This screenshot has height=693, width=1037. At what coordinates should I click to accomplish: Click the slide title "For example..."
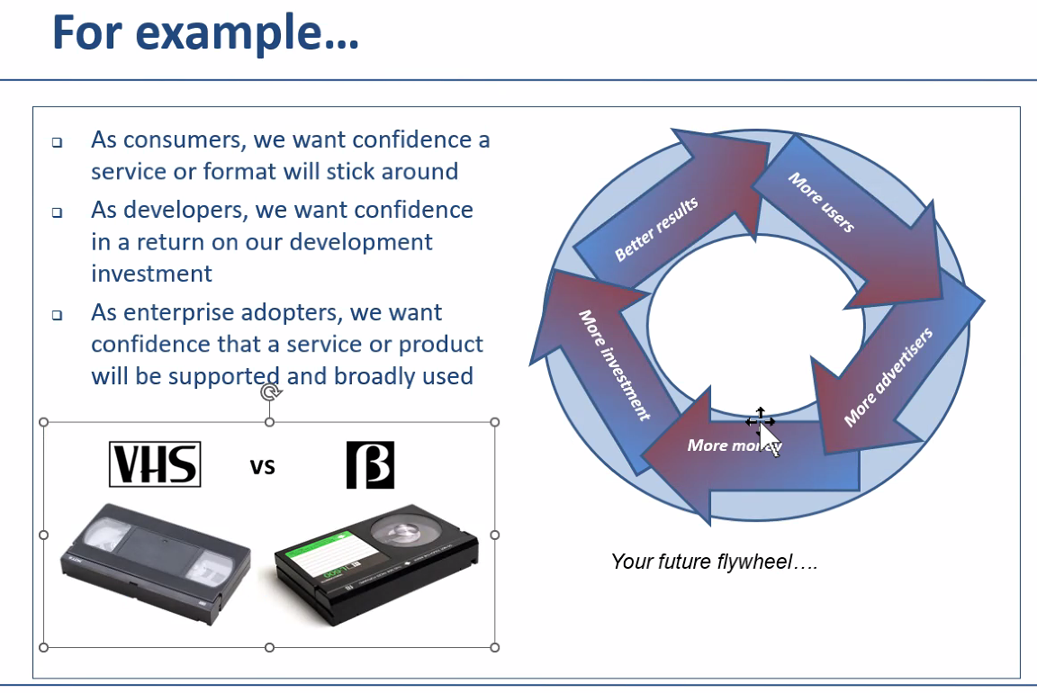(x=205, y=33)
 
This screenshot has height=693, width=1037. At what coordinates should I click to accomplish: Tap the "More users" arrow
(x=822, y=202)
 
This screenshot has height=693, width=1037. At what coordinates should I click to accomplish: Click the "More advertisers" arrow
(x=888, y=378)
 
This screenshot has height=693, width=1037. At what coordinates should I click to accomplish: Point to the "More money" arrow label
(x=734, y=445)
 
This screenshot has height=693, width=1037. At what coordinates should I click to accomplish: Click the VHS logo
(x=155, y=464)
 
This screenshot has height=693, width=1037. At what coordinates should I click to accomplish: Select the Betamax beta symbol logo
(x=371, y=465)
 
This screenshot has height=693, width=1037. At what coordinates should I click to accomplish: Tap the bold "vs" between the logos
(x=262, y=466)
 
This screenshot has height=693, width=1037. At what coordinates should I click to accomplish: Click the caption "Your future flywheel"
(x=713, y=562)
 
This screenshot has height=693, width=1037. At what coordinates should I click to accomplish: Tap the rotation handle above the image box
(x=269, y=392)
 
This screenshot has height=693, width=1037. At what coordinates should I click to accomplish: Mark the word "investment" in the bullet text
(x=152, y=274)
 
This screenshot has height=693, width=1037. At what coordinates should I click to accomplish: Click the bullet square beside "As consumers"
(x=57, y=142)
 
